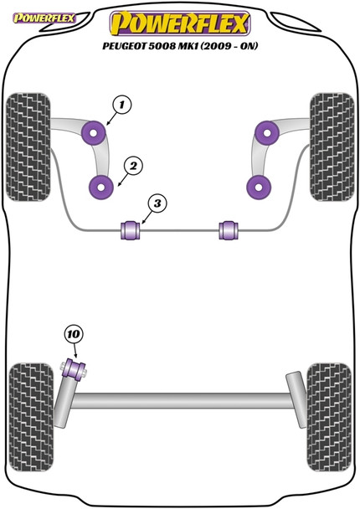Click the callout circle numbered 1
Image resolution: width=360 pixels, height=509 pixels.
pyautogui.click(x=121, y=105)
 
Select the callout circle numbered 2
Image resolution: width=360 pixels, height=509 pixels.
pyautogui.click(x=132, y=164)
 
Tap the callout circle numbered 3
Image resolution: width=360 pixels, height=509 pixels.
pyautogui.click(x=157, y=204)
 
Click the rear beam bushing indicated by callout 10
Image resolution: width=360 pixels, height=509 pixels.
pyautogui.click(x=75, y=368)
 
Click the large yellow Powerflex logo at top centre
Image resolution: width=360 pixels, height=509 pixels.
pyautogui.click(x=180, y=21)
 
